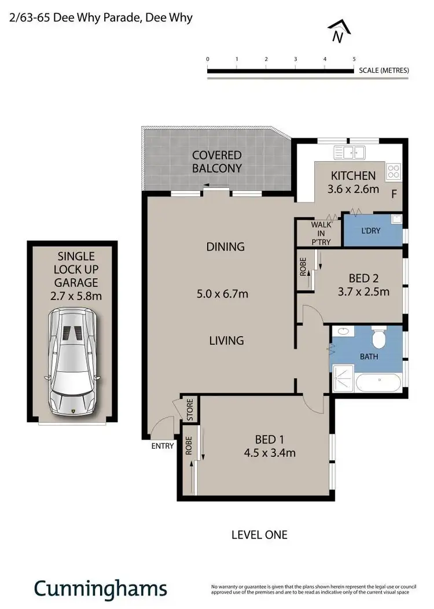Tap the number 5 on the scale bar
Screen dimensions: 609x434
(354, 59)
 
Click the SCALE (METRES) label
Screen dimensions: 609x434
(384, 71)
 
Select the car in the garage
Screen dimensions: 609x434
(72, 363)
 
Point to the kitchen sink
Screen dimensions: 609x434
(350, 153)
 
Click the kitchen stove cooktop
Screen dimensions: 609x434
(393, 171)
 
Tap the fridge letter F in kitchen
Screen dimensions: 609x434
(393, 194)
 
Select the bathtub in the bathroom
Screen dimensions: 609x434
(379, 382)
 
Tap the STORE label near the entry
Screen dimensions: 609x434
(190, 409)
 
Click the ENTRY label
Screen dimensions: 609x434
(162, 446)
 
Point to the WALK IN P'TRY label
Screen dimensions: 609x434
(321, 233)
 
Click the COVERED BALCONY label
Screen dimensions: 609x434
(217, 162)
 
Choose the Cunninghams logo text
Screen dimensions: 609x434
(100, 589)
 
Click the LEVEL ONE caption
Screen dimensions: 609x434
(260, 535)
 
